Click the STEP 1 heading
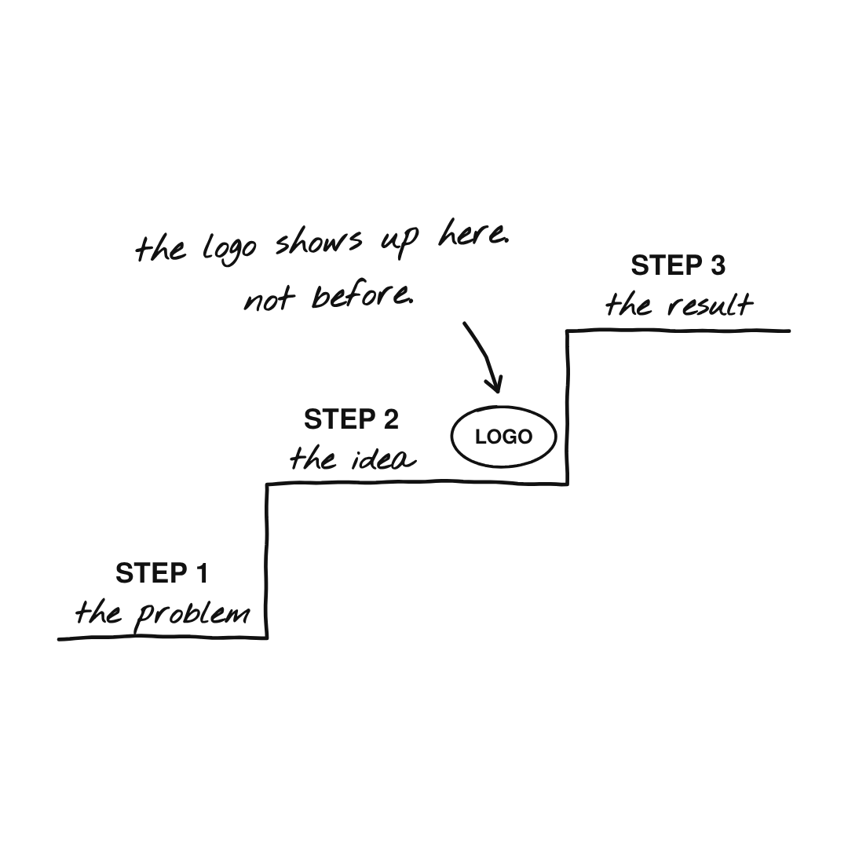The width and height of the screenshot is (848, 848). point(162,573)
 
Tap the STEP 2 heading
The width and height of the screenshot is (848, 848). point(351,419)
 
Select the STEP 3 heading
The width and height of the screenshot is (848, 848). point(678,265)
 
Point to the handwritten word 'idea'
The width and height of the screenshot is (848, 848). point(384,459)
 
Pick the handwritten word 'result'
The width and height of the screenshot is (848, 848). point(710,305)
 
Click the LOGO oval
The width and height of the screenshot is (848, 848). point(503,437)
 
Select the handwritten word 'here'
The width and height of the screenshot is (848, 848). point(473,235)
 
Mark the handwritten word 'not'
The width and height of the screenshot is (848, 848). point(269,299)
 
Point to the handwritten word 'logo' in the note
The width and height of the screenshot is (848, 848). point(228,248)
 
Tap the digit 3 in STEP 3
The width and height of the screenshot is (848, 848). point(718,265)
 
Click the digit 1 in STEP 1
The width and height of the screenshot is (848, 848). point(203,573)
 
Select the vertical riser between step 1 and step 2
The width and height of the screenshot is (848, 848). point(267,561)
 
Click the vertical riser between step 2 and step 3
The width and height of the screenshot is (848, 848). point(568,408)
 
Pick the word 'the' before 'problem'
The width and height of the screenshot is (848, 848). point(98,612)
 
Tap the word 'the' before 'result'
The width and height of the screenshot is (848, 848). point(628,305)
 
